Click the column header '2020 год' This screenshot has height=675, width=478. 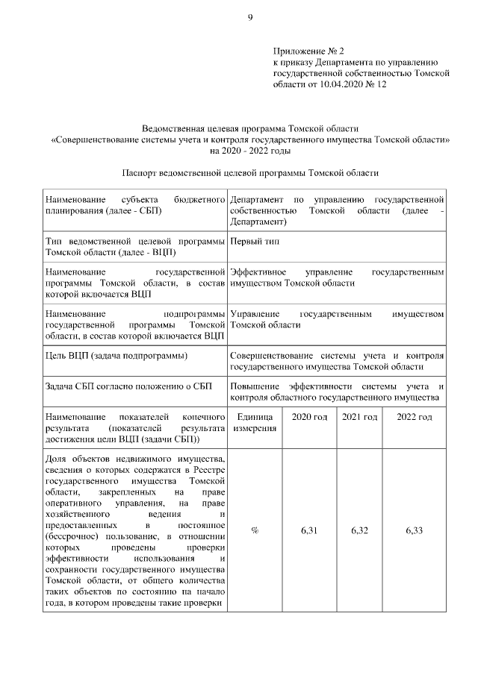point(309,416)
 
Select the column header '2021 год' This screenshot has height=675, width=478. point(359,416)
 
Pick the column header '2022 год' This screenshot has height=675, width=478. point(414,416)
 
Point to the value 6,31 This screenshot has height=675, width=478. point(309,530)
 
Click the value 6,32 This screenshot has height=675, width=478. point(359,530)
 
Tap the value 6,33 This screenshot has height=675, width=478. point(414,530)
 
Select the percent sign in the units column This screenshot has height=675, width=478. point(255,530)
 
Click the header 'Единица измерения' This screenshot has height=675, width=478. point(255,422)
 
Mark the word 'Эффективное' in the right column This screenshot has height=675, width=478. point(255,272)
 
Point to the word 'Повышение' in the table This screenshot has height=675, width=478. point(252,386)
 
